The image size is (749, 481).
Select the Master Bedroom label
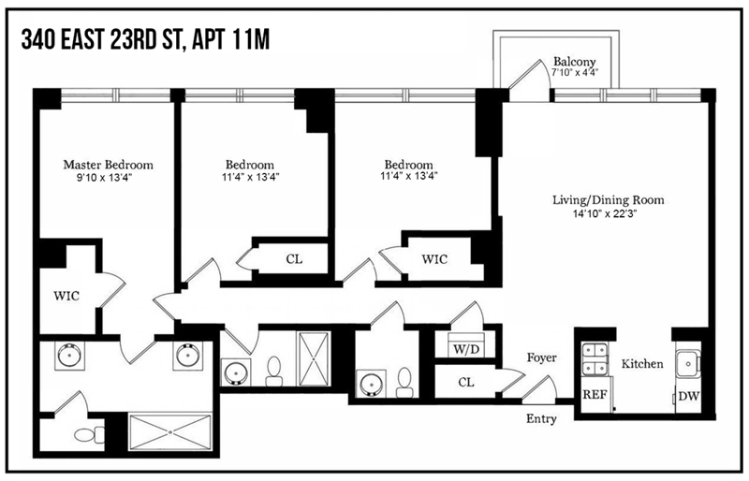coord(108,164)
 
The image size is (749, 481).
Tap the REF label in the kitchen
coord(595,396)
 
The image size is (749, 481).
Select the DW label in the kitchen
coord(688,396)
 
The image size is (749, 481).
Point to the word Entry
coord(541,418)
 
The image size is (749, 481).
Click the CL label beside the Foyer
coord(466,382)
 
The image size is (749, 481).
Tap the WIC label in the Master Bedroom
coord(66,296)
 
